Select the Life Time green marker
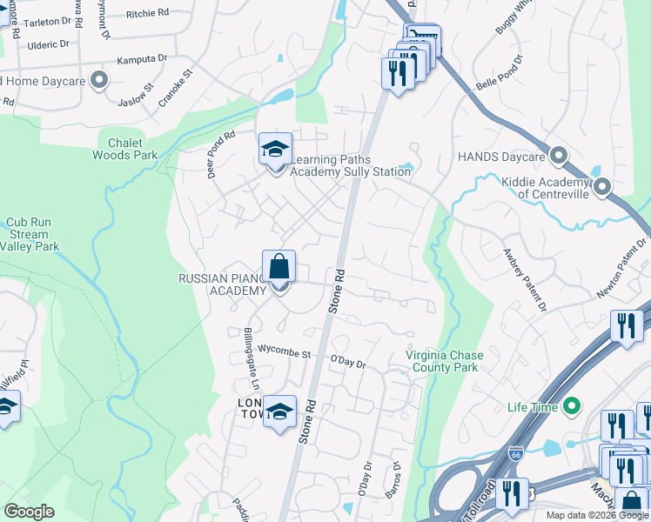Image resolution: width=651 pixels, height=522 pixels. [572, 406]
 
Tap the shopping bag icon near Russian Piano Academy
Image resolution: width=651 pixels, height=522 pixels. [279, 266]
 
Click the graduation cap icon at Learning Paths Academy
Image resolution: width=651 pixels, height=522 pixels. [276, 149]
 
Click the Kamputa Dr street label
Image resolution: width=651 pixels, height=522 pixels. [143, 60]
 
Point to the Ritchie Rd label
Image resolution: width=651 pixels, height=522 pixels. [146, 14]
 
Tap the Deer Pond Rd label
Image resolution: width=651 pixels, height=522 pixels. [221, 155]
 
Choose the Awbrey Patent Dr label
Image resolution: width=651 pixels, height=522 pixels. [525, 281]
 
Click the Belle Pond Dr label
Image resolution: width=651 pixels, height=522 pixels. [500, 74]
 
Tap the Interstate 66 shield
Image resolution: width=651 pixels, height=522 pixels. [514, 453]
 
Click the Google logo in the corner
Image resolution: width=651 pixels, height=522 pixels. [29, 512]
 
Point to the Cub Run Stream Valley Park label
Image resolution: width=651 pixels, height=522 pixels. [30, 234]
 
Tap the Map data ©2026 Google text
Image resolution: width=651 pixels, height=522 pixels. [597, 515]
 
